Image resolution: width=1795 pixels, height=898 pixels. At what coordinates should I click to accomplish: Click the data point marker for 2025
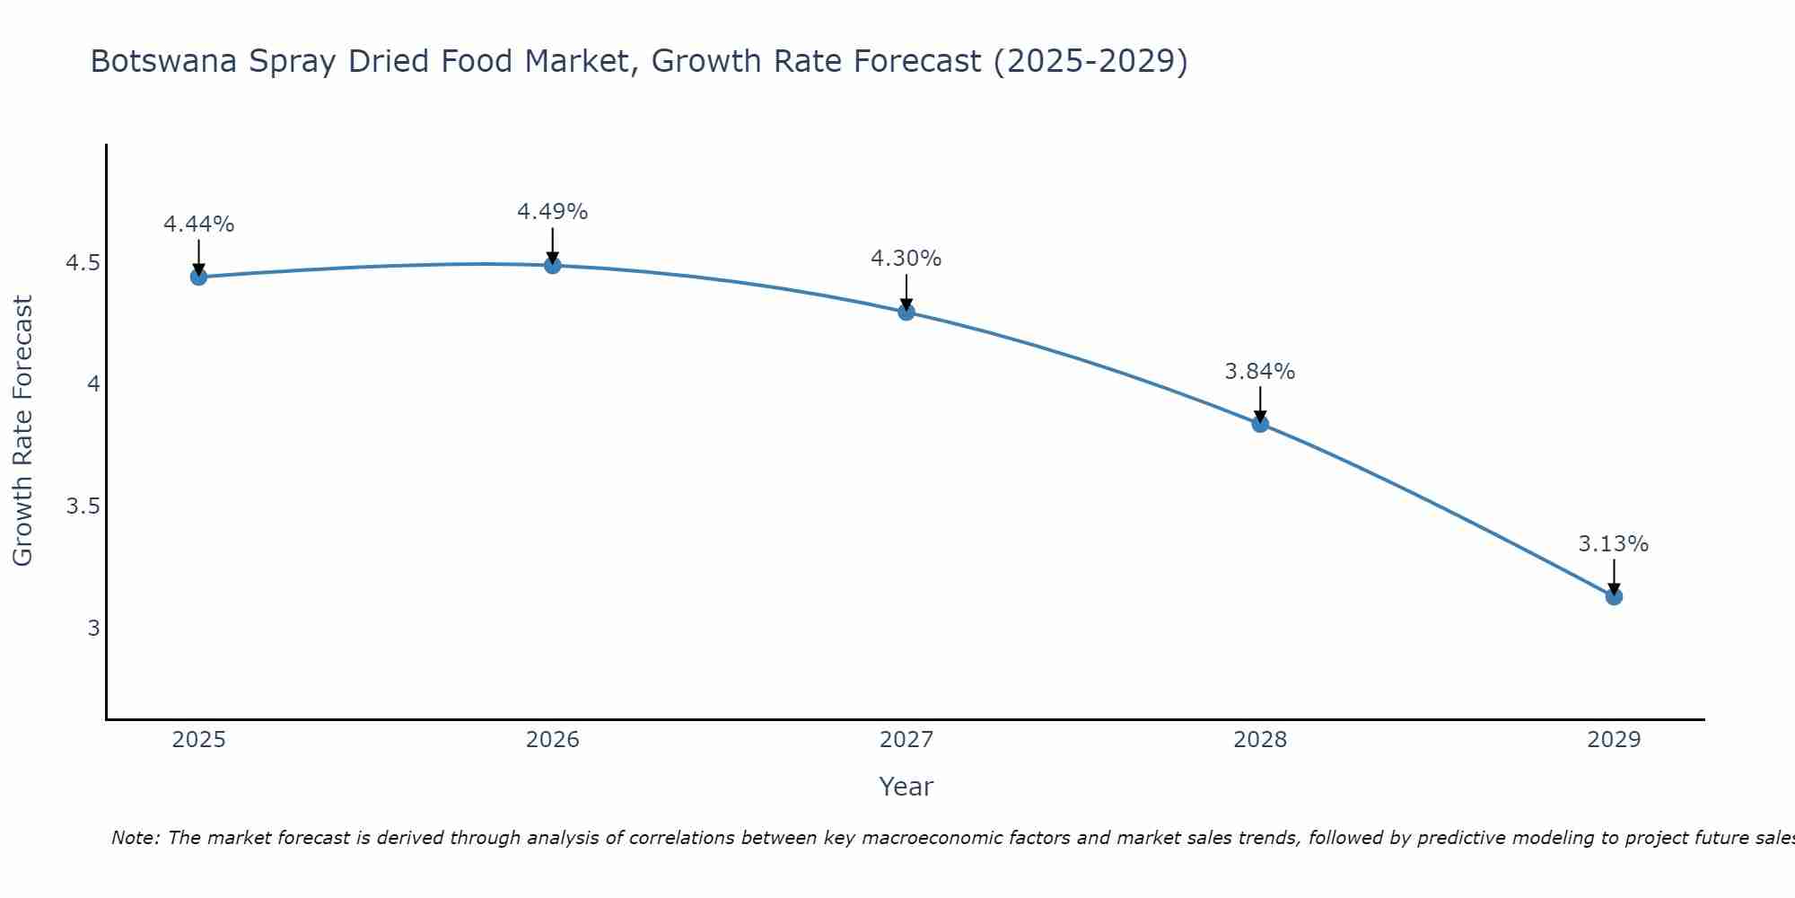(x=198, y=277)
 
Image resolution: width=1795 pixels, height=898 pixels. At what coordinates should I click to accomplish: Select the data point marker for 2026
(x=553, y=265)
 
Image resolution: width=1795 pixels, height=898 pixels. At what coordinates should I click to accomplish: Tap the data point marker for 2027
(x=906, y=312)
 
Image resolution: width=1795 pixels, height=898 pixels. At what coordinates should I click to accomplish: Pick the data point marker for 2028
(x=1260, y=424)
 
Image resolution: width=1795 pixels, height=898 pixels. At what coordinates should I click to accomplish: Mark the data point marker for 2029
(x=1614, y=596)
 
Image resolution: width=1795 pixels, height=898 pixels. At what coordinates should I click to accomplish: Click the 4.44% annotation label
(x=198, y=224)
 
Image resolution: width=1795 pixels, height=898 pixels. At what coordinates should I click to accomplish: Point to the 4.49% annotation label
(x=553, y=212)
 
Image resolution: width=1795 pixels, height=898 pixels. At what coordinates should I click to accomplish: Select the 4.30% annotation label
(x=906, y=259)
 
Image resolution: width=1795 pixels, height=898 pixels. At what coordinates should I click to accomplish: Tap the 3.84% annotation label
(x=1260, y=372)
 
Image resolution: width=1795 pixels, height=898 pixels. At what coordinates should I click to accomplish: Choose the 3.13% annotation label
(x=1614, y=544)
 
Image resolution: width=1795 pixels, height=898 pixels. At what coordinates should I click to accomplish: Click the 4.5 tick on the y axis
(x=82, y=263)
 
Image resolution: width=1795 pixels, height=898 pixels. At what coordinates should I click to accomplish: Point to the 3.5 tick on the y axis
(x=82, y=506)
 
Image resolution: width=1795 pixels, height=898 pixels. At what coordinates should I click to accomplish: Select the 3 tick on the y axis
(x=93, y=628)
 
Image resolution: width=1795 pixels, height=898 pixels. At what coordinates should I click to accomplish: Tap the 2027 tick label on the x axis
(x=906, y=740)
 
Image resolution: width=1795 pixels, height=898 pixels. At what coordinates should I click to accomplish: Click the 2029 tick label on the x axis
(x=1614, y=740)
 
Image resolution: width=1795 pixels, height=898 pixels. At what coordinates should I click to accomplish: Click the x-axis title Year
(x=906, y=787)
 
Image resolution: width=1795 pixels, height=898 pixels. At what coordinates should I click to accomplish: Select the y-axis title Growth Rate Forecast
(x=22, y=431)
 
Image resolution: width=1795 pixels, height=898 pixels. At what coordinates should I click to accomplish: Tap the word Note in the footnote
(x=135, y=838)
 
